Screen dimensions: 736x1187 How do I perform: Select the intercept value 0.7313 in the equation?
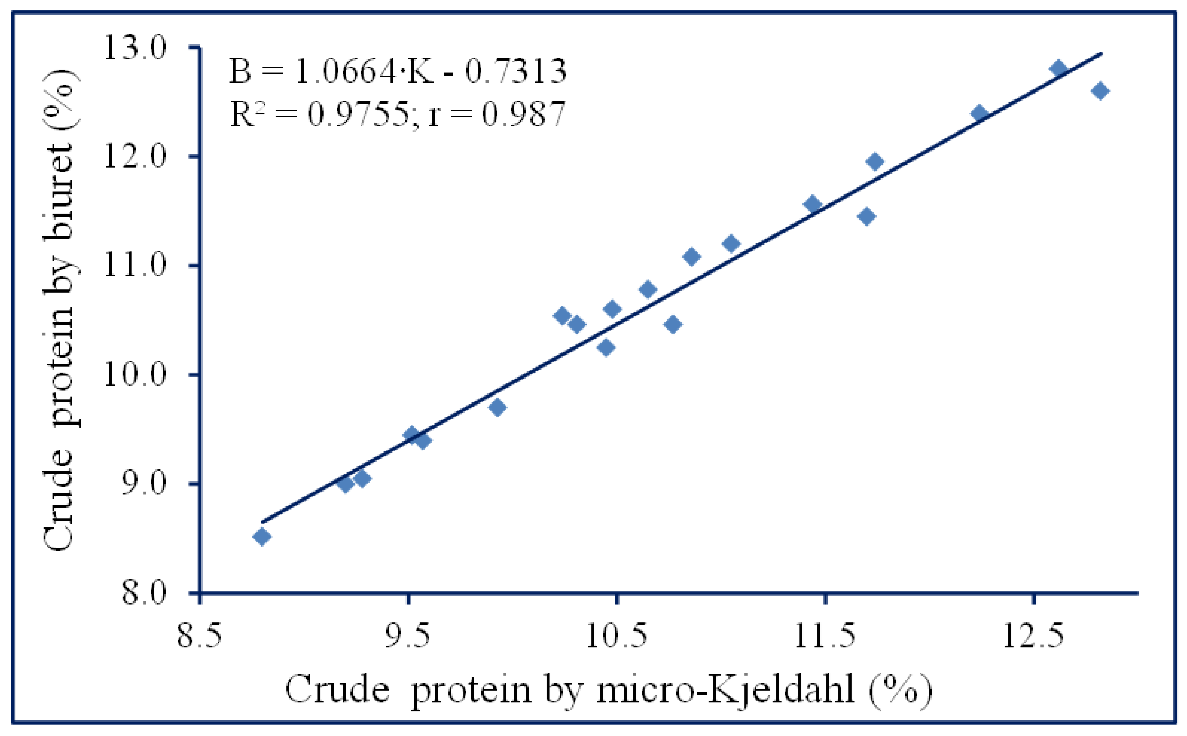(x=516, y=71)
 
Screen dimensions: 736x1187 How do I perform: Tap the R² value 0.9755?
(x=359, y=114)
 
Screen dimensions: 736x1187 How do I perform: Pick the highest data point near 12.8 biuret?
(x=1058, y=69)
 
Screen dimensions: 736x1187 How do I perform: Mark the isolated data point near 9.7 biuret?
(x=497, y=407)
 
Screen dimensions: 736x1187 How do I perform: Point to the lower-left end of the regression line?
(x=262, y=522)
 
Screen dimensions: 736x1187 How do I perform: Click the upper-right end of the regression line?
(x=1101, y=53)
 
